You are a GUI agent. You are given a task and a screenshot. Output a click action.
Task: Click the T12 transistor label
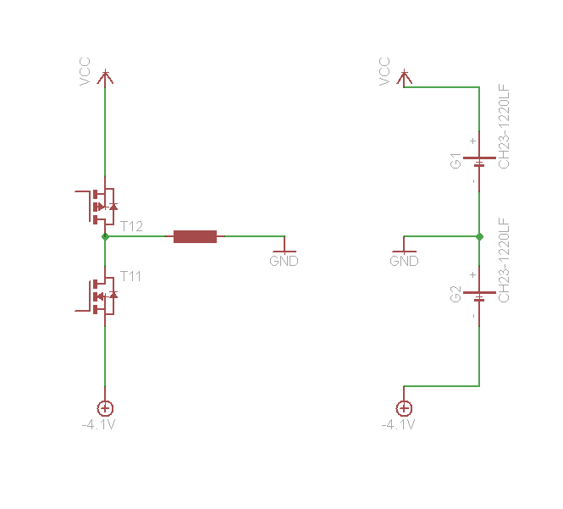tap(131, 226)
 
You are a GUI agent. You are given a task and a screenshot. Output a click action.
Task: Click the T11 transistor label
tap(130, 276)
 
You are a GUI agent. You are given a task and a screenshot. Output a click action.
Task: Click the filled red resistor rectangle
tap(195, 237)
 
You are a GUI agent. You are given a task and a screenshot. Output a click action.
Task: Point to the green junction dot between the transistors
tap(105, 237)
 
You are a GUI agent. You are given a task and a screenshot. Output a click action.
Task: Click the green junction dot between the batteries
tap(479, 237)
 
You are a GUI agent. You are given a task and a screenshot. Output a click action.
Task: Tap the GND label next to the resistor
tap(284, 261)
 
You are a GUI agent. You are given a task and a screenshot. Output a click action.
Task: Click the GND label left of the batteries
tap(404, 261)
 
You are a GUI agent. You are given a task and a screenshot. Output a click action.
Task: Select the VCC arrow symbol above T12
tap(105, 77)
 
